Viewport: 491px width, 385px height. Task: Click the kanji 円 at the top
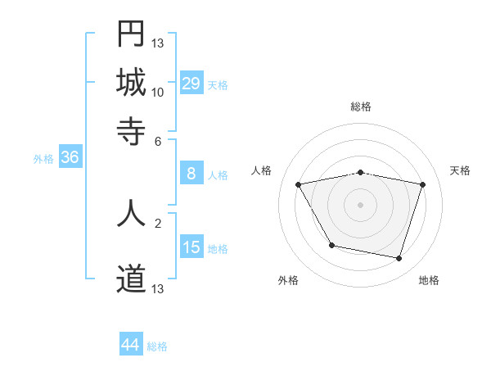click(x=131, y=34)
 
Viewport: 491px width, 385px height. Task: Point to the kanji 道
click(x=131, y=280)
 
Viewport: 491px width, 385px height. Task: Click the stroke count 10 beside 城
click(x=158, y=92)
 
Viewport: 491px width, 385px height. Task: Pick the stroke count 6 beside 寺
click(x=158, y=140)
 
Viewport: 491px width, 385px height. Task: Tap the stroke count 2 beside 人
click(x=158, y=221)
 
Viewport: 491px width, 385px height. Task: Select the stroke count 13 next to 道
click(x=158, y=289)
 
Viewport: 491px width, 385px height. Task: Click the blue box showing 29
click(x=191, y=83)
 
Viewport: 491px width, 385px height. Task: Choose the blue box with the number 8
click(x=191, y=174)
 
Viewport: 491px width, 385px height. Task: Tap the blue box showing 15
click(x=191, y=247)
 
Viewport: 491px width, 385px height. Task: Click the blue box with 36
click(x=70, y=157)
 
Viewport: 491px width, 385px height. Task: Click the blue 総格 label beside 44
click(x=157, y=346)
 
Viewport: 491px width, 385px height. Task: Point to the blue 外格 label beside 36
click(x=43, y=159)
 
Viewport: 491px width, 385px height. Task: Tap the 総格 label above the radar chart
click(x=361, y=106)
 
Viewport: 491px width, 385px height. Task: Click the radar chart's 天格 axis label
click(x=461, y=170)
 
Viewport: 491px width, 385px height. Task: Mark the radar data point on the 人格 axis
click(x=299, y=185)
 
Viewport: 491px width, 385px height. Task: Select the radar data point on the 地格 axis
click(x=399, y=259)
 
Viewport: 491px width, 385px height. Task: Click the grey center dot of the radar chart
click(x=361, y=205)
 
